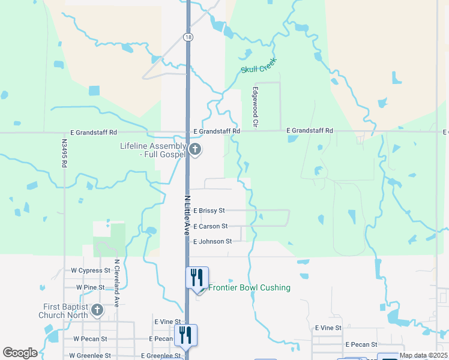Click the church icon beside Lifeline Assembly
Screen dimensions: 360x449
(194, 149)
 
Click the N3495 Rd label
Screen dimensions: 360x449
(64, 154)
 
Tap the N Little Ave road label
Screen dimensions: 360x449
(187, 214)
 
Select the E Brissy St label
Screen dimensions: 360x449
(209, 211)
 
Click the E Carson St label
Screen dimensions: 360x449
(210, 226)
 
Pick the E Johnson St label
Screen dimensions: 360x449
(212, 241)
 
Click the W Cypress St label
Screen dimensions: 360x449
(91, 271)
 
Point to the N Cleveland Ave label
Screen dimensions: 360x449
(118, 283)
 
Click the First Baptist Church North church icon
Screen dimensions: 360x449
(97, 311)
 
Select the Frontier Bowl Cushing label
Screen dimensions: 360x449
(249, 288)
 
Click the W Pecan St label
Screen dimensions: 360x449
(90, 338)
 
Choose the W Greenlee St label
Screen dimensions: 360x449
(94, 355)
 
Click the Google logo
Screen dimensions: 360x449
(20, 353)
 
